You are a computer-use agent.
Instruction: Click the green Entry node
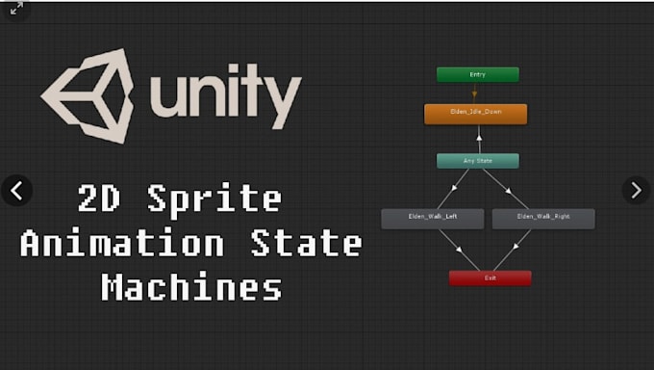(x=477, y=74)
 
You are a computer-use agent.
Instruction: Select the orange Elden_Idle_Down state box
(x=475, y=113)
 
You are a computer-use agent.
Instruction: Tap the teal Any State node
(x=477, y=161)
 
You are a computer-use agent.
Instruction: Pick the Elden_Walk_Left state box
(x=431, y=218)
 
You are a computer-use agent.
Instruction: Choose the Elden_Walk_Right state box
(x=543, y=218)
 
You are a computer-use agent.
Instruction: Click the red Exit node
(x=490, y=277)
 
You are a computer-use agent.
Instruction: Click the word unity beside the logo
(x=225, y=94)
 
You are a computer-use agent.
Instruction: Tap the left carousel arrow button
(x=16, y=190)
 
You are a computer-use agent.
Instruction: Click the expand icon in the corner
(x=16, y=9)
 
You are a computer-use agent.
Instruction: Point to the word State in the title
(x=305, y=244)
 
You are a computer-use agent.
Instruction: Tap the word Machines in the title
(x=191, y=287)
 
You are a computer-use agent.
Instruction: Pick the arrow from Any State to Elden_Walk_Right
(x=504, y=189)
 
